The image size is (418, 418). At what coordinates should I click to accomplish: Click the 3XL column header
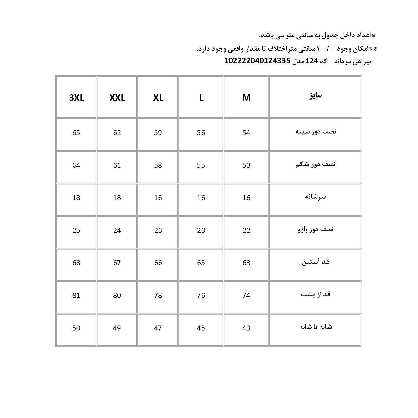(77, 98)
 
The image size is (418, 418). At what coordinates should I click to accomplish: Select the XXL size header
(117, 98)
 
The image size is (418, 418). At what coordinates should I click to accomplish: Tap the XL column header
(158, 98)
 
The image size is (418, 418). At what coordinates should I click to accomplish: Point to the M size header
(246, 98)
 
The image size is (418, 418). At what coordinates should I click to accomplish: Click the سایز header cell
(316, 96)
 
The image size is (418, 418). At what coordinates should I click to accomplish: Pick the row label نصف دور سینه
(316, 131)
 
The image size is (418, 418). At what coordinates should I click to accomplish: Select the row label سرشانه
(316, 196)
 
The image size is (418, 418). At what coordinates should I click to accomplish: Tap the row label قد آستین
(316, 262)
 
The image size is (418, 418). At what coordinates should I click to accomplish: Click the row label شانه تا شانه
(316, 327)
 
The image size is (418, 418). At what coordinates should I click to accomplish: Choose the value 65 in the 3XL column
(76, 133)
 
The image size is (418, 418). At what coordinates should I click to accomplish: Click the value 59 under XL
(158, 133)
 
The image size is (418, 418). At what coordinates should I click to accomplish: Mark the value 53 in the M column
(246, 165)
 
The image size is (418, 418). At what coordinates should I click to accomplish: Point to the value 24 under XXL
(117, 230)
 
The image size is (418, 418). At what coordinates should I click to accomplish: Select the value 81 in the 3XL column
(76, 295)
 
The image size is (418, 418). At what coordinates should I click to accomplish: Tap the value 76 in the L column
(201, 295)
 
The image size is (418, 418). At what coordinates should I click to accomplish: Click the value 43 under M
(246, 328)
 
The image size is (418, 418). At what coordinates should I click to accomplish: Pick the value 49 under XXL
(117, 328)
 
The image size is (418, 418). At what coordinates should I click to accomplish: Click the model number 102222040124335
(257, 61)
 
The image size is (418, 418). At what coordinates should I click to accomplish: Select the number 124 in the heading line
(312, 61)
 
